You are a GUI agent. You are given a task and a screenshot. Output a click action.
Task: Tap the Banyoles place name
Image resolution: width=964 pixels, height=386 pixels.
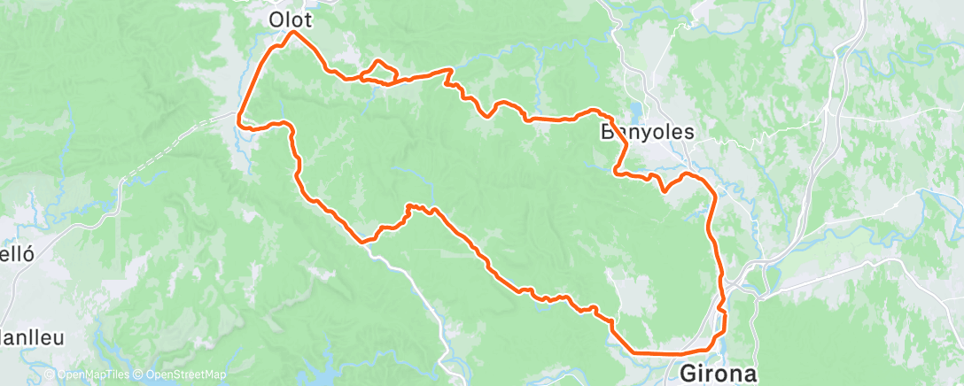point(648,133)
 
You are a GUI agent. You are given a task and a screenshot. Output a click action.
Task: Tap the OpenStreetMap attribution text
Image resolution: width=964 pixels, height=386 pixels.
point(181,375)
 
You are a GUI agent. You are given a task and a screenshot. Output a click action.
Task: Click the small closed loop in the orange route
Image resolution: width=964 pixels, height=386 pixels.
point(378,71)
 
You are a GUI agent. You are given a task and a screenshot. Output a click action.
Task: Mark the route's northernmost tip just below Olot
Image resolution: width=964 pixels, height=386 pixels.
point(294,33)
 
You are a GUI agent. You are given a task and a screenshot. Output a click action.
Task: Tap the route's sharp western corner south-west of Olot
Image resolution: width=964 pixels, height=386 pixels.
point(239,115)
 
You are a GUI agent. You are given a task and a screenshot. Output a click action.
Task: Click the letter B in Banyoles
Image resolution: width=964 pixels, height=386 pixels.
point(610,133)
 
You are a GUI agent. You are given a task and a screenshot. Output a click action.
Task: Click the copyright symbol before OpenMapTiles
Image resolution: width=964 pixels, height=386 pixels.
point(49,375)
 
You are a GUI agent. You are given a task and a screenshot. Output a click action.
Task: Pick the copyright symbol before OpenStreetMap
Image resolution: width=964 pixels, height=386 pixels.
point(139,375)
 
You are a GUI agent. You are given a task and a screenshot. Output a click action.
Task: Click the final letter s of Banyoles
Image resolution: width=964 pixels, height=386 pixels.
point(688,133)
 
